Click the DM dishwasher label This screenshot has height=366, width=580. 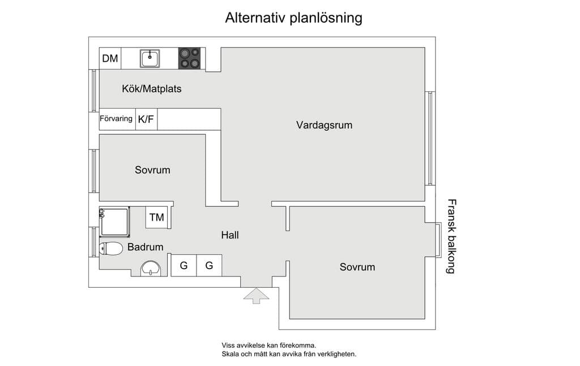click(x=110, y=58)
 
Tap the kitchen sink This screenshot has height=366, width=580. click(x=150, y=58)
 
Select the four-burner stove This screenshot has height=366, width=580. click(x=189, y=58)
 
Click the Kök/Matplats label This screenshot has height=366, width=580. click(x=152, y=89)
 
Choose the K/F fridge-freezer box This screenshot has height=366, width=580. click(x=147, y=119)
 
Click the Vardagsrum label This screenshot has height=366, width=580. click(x=324, y=125)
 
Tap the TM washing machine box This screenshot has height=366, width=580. click(x=157, y=217)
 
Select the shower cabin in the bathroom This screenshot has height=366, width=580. click(x=114, y=222)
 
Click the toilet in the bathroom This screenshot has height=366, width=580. click(x=111, y=249)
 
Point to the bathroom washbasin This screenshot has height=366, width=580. click(x=151, y=269)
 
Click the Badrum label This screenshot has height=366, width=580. click(x=146, y=247)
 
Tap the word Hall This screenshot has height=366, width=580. click(x=230, y=235)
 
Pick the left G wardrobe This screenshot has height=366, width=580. click(x=184, y=265)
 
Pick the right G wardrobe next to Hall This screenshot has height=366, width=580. click(x=209, y=265)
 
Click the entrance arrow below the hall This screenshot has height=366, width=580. click(x=256, y=296)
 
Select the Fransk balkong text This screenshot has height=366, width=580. click(x=451, y=236)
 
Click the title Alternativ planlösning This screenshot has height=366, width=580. click(x=294, y=18)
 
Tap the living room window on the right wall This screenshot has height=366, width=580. click(x=430, y=138)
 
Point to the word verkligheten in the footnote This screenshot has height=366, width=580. click(x=338, y=354)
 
